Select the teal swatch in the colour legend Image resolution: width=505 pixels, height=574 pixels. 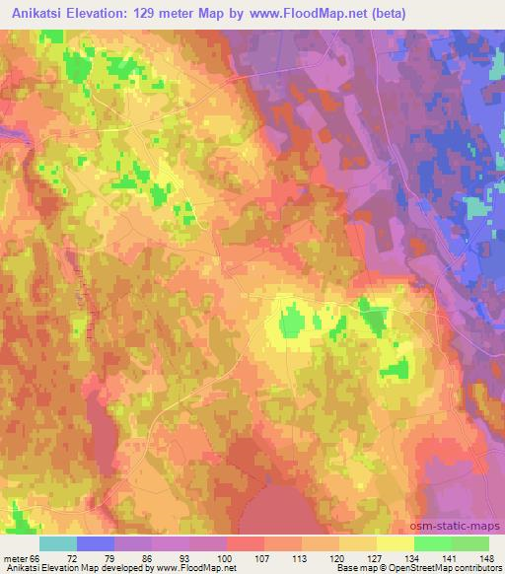(x=58, y=543)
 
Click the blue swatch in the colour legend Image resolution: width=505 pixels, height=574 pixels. (x=96, y=543)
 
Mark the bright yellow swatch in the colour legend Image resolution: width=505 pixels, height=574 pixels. (x=395, y=543)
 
